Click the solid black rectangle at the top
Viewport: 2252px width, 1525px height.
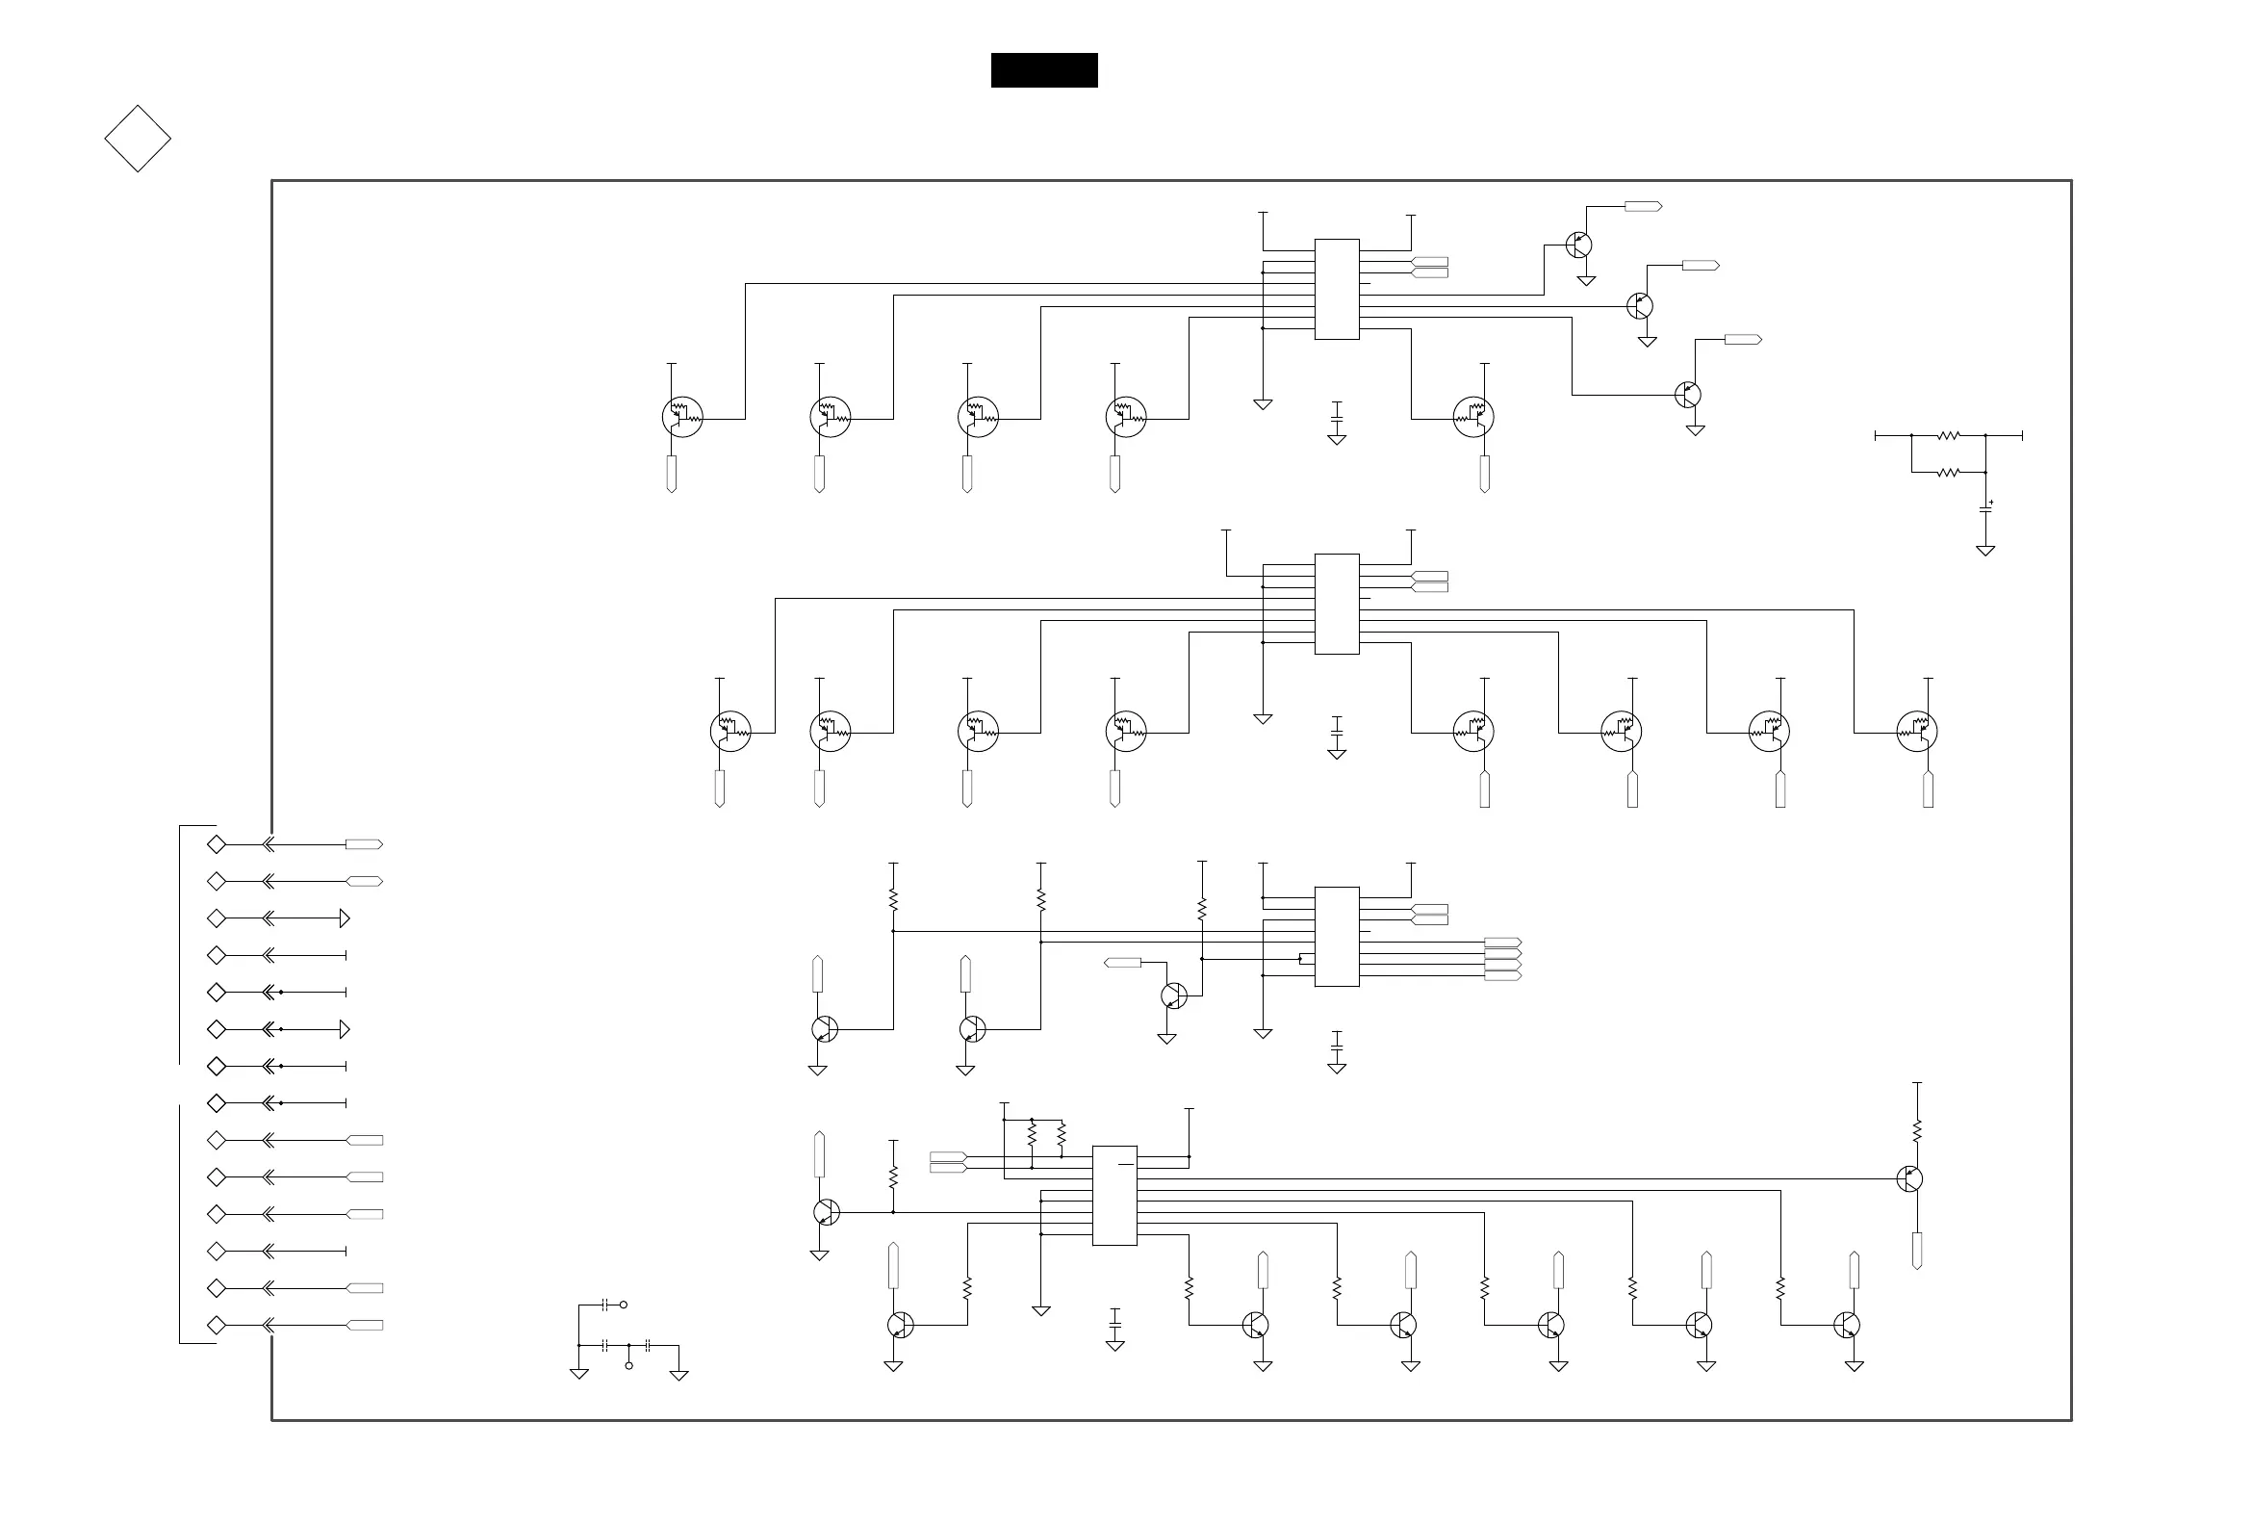click(1043, 70)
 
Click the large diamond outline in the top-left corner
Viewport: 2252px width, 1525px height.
click(138, 139)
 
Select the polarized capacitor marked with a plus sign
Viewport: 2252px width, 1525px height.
click(1985, 508)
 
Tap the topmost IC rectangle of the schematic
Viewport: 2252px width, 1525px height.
click(1336, 289)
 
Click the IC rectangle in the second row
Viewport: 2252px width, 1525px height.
click(1336, 604)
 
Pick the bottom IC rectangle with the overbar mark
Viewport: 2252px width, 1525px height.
click(1114, 1196)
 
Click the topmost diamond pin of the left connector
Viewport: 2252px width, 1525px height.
click(217, 844)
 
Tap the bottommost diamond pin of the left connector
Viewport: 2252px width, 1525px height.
click(217, 1326)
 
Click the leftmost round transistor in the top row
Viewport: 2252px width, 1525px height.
click(682, 417)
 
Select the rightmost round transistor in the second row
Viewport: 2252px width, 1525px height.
click(1917, 731)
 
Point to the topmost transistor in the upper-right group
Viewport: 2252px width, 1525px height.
click(1578, 245)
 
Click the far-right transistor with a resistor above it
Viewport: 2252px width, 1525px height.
click(1909, 1179)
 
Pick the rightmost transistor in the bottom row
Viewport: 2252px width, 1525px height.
click(1846, 1325)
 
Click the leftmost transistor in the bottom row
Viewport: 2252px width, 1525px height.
click(900, 1325)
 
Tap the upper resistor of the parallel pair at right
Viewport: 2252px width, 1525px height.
click(1949, 436)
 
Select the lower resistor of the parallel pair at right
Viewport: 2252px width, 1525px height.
click(1949, 472)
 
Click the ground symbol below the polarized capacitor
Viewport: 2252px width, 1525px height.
click(1985, 551)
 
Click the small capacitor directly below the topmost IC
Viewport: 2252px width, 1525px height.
click(1336, 419)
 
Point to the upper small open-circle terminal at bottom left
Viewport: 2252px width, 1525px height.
click(623, 1305)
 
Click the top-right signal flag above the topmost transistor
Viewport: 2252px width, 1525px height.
click(1643, 206)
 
